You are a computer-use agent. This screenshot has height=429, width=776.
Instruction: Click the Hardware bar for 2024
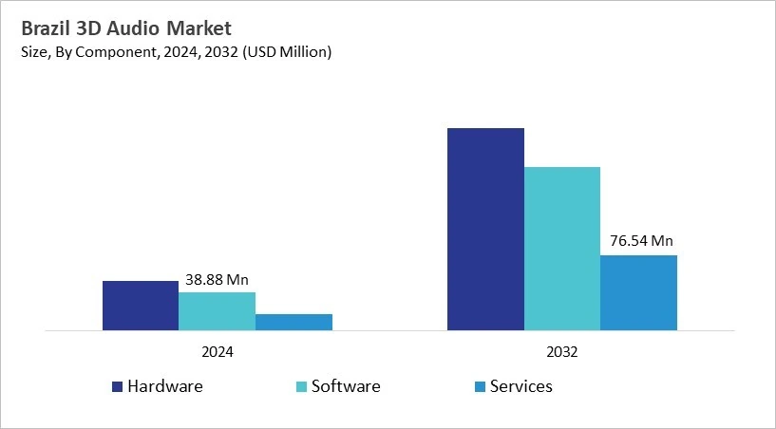141,306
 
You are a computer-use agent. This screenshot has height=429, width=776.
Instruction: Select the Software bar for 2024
218,311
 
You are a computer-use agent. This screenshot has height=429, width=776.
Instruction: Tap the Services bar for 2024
293,322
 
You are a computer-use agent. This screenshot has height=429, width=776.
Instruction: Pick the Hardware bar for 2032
485,229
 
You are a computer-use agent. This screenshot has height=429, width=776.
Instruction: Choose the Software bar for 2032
562,249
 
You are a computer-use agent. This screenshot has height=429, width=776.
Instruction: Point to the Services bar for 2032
638,292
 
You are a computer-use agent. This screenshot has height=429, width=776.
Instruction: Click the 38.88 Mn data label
217,280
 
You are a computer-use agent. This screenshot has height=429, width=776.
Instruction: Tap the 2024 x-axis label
218,351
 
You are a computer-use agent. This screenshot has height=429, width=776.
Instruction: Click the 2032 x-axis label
562,351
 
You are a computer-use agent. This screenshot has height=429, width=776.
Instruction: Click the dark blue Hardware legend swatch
118,387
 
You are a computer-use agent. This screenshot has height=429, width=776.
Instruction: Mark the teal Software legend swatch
302,387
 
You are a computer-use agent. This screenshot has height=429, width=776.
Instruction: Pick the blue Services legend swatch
480,387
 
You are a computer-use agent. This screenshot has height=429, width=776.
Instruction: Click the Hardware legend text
165,386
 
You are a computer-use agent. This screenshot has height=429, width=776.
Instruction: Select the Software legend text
346,386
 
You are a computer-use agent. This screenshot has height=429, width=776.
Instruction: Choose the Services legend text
520,386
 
